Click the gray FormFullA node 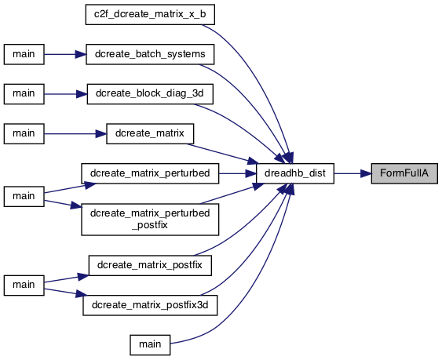[404, 173]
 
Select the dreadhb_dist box [295, 173]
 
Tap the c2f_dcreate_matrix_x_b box [150, 14]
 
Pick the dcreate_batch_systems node [150, 54]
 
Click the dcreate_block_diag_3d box [150, 94]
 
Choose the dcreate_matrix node [150, 134]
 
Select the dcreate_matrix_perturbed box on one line [150, 173]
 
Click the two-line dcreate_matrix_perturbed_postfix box [150, 220]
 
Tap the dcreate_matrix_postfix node [150, 265]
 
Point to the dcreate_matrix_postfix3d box [150, 305]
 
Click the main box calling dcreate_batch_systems [24, 54]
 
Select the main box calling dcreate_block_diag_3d [24, 94]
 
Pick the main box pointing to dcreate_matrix [24, 134]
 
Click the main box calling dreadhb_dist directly [150, 345]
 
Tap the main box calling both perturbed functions [24, 197]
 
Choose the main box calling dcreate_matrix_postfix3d [24, 285]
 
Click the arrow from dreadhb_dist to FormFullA [353, 173]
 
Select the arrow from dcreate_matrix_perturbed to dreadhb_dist [237, 173]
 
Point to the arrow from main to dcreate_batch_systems [65, 54]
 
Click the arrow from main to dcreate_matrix [75, 134]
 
